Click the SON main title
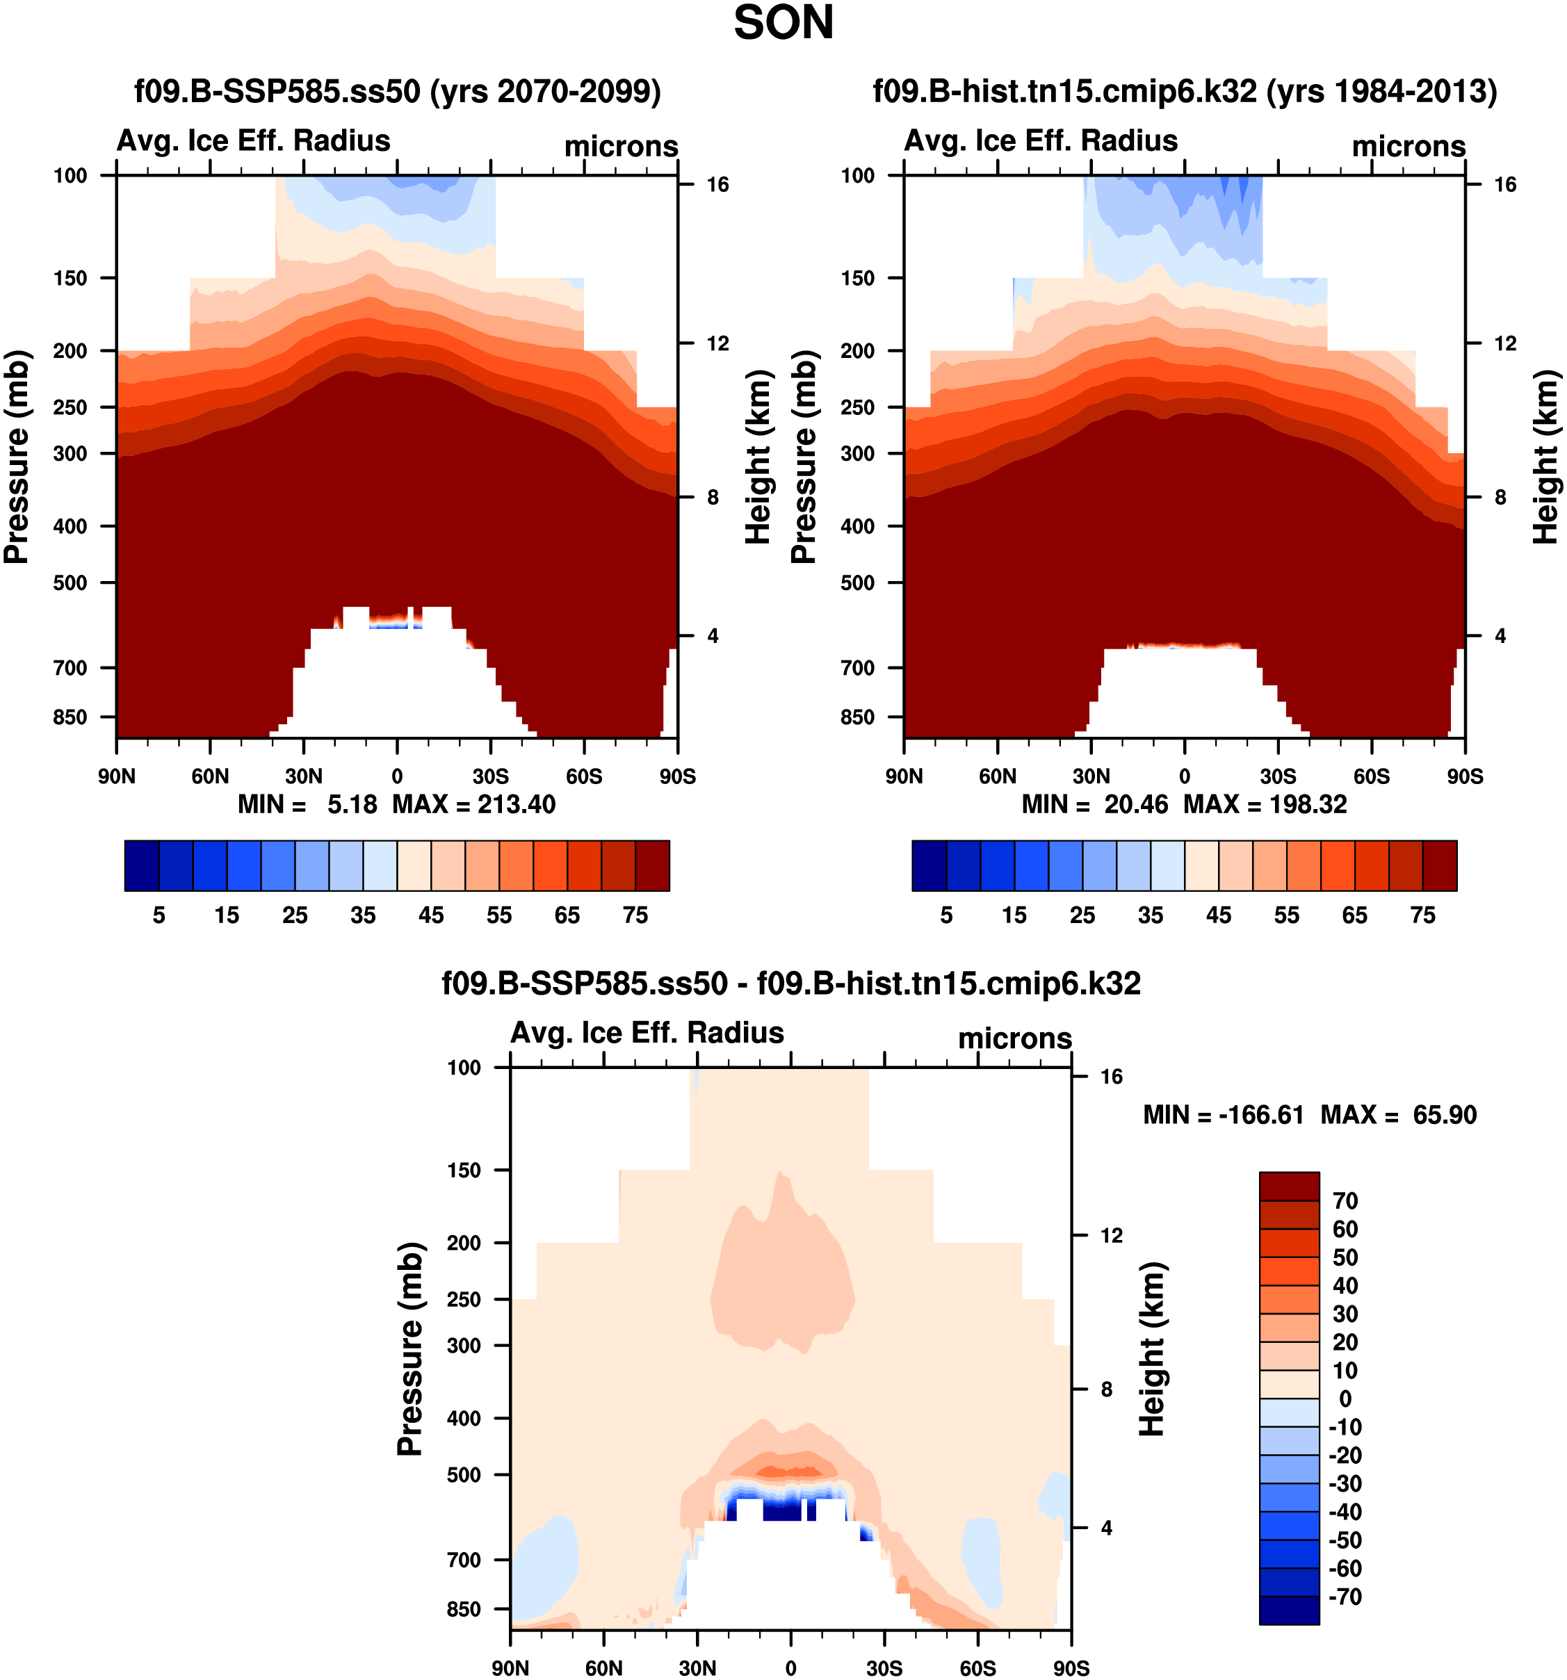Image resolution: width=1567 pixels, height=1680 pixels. [x=783, y=23]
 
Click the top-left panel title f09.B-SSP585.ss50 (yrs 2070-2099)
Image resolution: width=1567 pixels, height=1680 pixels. [x=397, y=90]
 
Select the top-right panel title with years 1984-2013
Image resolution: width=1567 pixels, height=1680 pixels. [x=1184, y=90]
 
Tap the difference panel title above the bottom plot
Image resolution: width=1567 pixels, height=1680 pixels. [x=791, y=983]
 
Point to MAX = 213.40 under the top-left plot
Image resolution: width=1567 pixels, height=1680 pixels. [x=473, y=804]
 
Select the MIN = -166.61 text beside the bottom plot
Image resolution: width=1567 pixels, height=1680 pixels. [x=1223, y=1115]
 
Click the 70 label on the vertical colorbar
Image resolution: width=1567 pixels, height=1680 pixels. [x=1345, y=1201]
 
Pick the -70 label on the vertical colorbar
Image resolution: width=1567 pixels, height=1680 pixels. [x=1345, y=1597]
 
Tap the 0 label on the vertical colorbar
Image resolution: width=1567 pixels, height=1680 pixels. [x=1345, y=1398]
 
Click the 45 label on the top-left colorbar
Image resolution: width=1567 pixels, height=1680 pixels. [x=431, y=915]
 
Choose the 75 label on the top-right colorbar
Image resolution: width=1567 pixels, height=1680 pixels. [x=1422, y=915]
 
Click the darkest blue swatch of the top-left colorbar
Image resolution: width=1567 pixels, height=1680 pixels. [x=141, y=865]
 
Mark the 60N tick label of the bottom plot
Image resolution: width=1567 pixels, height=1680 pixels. [x=603, y=1667]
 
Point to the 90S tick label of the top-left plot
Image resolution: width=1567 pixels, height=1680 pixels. [x=677, y=776]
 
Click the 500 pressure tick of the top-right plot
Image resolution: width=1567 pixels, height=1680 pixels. [x=857, y=582]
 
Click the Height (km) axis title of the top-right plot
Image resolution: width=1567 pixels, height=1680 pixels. [x=1546, y=457]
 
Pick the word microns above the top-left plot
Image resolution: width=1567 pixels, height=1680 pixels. [x=622, y=146]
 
